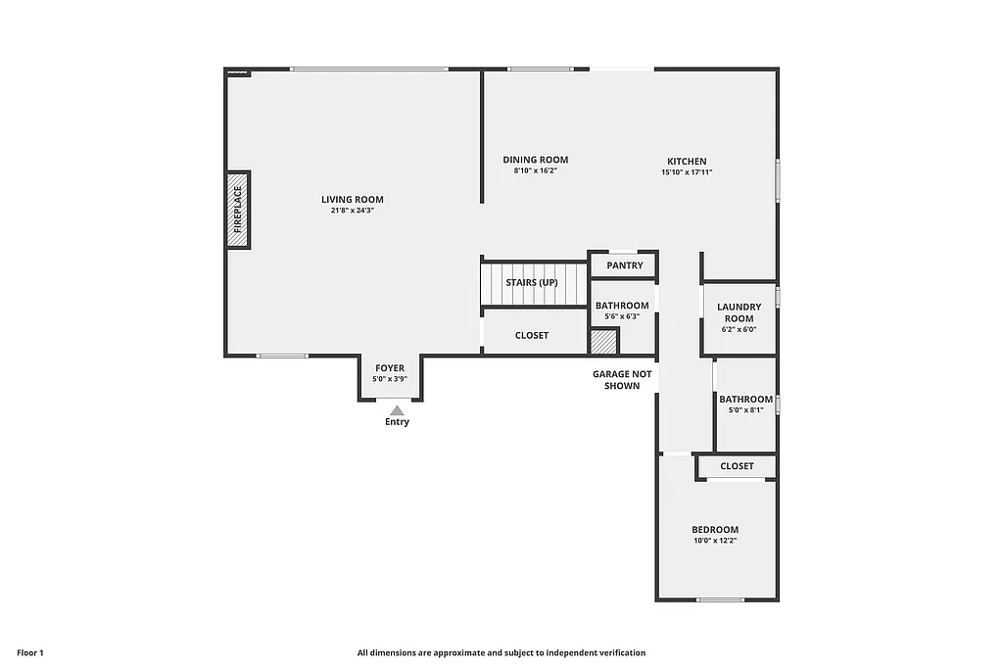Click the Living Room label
[x=353, y=200]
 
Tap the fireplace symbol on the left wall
[x=239, y=210]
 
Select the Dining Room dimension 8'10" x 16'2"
[x=535, y=171]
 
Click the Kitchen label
[x=687, y=162]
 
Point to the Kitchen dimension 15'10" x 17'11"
[x=687, y=172]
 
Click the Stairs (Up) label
[x=532, y=283]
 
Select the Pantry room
[x=624, y=265]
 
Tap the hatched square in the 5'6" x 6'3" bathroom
[x=603, y=342]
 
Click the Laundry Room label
[x=739, y=312]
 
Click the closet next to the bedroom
[x=737, y=466]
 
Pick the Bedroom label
[x=715, y=530]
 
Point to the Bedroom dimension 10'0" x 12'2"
[x=715, y=541]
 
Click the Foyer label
[x=389, y=368]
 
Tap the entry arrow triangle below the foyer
[x=396, y=410]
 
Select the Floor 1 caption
[x=30, y=652]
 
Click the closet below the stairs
[x=532, y=335]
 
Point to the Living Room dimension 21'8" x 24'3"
[x=353, y=211]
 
